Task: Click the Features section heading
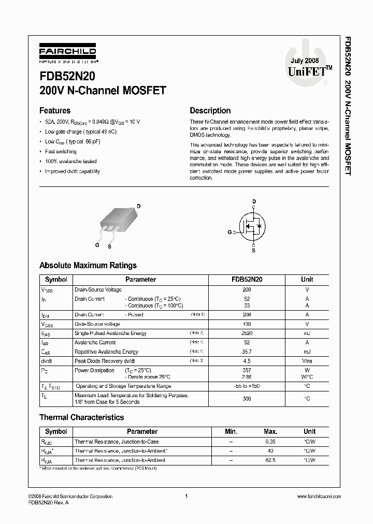click(x=55, y=110)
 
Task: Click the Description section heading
click(x=210, y=110)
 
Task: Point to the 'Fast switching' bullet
click(x=61, y=152)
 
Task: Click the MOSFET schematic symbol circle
click(x=253, y=226)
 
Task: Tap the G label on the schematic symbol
click(x=229, y=232)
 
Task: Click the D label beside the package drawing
click(x=139, y=206)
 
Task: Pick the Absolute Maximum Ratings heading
click(x=88, y=265)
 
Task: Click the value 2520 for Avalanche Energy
click(x=247, y=333)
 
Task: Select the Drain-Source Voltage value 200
click(x=247, y=290)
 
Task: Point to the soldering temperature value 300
click(x=247, y=399)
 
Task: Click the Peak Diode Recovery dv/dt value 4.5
click(x=247, y=360)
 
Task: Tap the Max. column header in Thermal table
click(x=270, y=431)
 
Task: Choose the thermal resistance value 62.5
click(x=270, y=460)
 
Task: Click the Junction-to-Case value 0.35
click(x=270, y=442)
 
